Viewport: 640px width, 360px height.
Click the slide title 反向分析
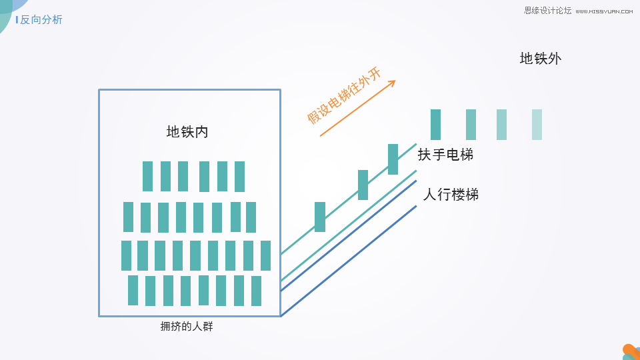click(41, 19)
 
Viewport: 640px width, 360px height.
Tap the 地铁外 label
click(541, 59)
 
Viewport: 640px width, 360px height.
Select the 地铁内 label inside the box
click(187, 132)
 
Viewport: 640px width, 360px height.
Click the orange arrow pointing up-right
click(358, 108)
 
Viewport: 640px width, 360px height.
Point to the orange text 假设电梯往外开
click(344, 95)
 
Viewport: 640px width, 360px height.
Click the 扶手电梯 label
click(445, 155)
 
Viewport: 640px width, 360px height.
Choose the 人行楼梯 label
click(451, 194)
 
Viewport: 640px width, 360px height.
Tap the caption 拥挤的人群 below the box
click(187, 327)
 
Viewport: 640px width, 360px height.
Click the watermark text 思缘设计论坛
click(548, 11)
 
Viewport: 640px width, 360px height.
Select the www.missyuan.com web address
click(604, 11)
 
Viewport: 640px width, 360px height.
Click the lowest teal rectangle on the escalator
click(320, 217)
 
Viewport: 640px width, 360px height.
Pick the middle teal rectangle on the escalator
click(363, 185)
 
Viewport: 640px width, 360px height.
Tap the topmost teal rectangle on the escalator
click(393, 159)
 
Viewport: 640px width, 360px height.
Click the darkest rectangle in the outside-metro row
click(435, 125)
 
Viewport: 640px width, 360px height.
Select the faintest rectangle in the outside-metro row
click(537, 125)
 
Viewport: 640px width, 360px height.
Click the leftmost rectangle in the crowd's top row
click(147, 176)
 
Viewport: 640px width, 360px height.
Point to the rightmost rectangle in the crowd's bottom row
click(256, 291)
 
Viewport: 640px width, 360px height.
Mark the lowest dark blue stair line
click(349, 261)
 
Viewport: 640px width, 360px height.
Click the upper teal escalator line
click(349, 199)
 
